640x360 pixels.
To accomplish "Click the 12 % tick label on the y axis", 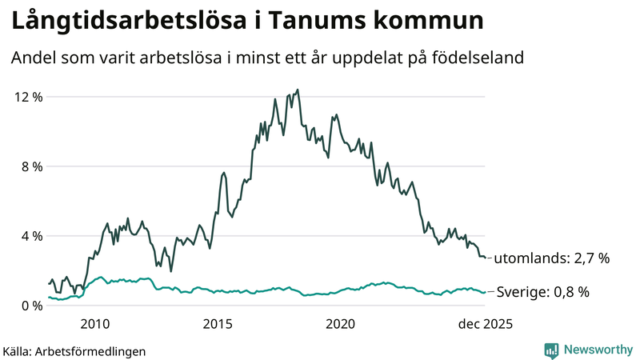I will pyautogui.click(x=27, y=97).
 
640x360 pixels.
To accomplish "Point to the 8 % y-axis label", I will pyautogui.click(x=30, y=166).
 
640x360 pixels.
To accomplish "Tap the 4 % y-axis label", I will pyautogui.click(x=30, y=236).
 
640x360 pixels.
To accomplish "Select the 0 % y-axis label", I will pyautogui.click(x=30, y=306).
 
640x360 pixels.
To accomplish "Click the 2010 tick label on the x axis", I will pyautogui.click(x=94, y=324).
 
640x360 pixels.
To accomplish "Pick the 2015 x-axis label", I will pyautogui.click(x=218, y=324).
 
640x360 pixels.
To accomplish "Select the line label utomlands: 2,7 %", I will pyautogui.click(x=551, y=258).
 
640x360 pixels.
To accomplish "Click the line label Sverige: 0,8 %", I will pyautogui.click(x=543, y=292).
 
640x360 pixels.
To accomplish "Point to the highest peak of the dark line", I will pyautogui.click(x=298, y=90).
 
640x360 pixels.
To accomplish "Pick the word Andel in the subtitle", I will pyautogui.click(x=33, y=58).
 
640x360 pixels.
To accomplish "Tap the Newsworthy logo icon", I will pyautogui.click(x=551, y=350).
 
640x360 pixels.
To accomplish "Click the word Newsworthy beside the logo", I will pyautogui.click(x=598, y=350).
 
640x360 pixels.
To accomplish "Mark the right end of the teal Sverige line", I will pyautogui.click(x=484, y=292).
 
